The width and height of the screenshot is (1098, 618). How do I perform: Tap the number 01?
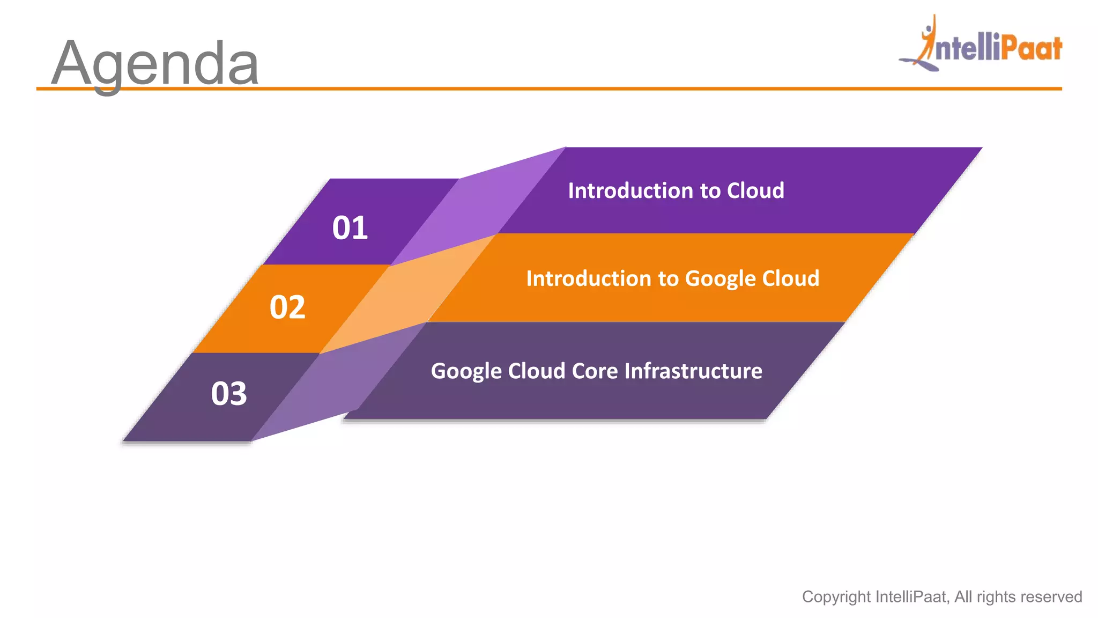pyautogui.click(x=350, y=227)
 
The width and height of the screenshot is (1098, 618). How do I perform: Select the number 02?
pyautogui.click(x=287, y=307)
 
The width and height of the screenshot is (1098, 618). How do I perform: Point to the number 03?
pyautogui.click(x=229, y=394)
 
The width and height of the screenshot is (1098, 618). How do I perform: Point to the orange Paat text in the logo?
pyautogui.click(x=1031, y=48)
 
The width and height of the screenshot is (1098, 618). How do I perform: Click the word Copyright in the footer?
pyautogui.click(x=836, y=597)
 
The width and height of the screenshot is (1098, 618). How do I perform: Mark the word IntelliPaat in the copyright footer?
pyautogui.click(x=912, y=597)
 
